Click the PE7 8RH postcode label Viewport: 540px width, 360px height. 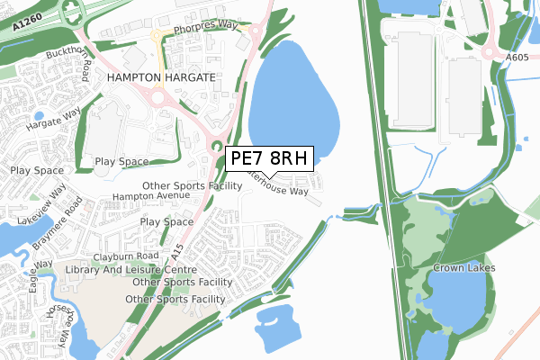tap(269, 159)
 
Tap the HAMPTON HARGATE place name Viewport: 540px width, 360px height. tap(161, 78)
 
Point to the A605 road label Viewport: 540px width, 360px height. tap(517, 57)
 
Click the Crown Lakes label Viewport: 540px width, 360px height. tap(463, 268)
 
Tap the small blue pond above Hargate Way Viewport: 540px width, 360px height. tap(39, 116)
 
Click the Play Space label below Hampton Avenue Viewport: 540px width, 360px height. tap(166, 221)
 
